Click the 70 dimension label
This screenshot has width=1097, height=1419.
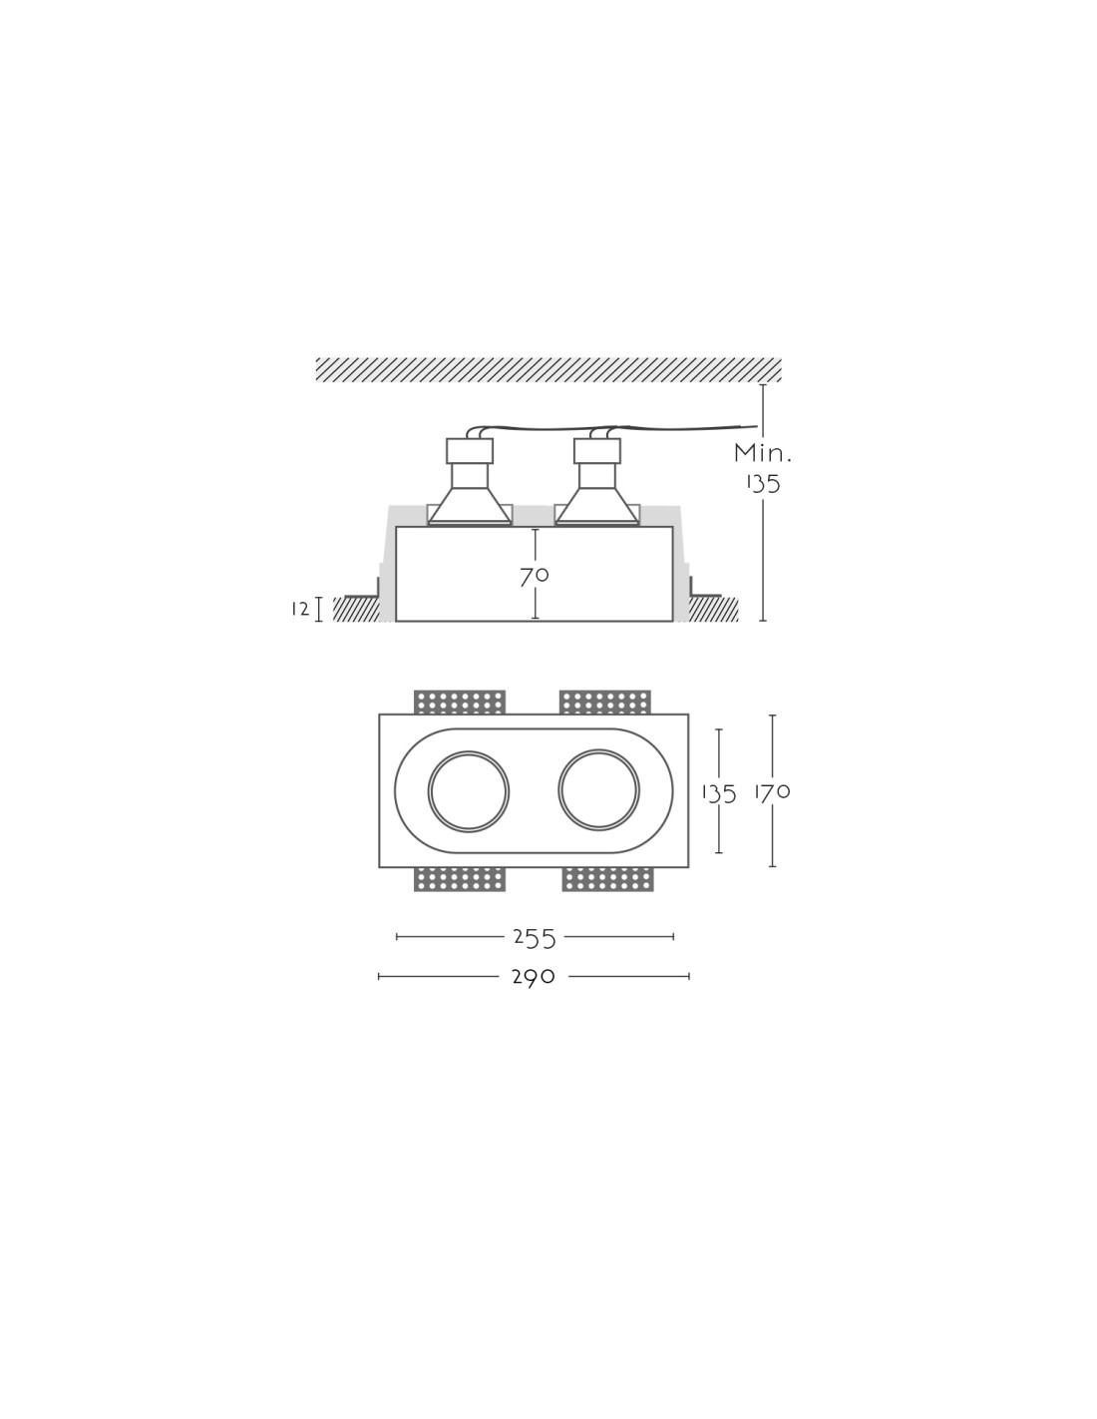point(534,576)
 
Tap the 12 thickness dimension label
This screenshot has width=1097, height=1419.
point(300,610)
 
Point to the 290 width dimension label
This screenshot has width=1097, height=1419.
point(534,977)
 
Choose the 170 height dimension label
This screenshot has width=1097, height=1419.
point(772,792)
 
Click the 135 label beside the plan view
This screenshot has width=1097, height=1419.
point(719,794)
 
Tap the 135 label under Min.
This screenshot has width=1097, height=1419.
point(764,484)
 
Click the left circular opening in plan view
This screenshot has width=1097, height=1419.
point(469,790)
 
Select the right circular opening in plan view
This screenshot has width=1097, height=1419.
point(598,790)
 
